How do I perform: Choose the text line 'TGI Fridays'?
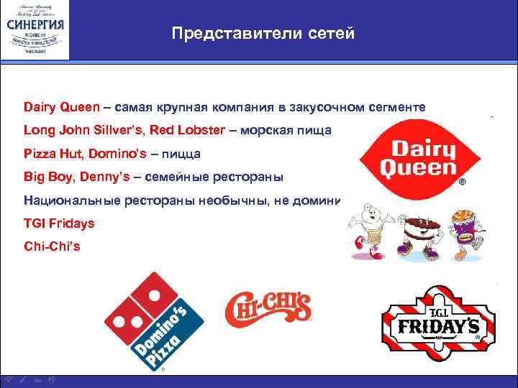tap(58, 223)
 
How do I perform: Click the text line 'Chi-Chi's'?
tap(52, 246)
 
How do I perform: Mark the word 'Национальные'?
tap(67, 200)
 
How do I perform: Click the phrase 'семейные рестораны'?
tap(230, 177)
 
